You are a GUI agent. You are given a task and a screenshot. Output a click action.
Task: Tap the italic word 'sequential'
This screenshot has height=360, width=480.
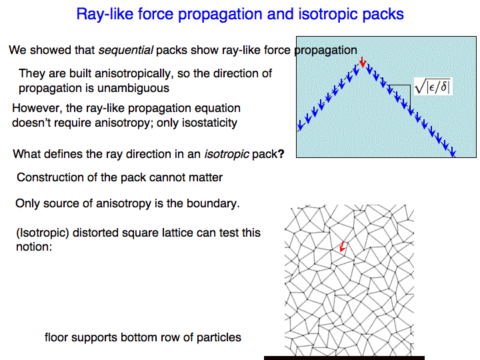pos(125,50)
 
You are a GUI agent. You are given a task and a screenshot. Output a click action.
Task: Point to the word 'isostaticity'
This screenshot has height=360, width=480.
pos(209,123)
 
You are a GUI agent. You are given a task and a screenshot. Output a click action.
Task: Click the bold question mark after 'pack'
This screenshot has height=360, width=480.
pos(281,154)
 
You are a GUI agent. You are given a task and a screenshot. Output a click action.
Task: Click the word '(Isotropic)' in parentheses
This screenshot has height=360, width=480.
pos(43,233)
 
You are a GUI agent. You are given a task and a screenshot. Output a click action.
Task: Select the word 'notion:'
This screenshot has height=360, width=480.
pos(34,247)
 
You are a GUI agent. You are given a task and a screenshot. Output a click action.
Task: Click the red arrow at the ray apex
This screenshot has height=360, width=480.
pos(363,62)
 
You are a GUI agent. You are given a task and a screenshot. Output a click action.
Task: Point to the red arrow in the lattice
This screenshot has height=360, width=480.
pos(343,247)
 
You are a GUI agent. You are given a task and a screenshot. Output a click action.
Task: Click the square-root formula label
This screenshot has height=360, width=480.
pos(433,86)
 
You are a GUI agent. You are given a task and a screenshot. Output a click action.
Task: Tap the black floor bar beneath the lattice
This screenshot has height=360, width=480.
pos(344,358)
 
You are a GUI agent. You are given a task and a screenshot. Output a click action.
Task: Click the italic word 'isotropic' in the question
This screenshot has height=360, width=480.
pos(227,154)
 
